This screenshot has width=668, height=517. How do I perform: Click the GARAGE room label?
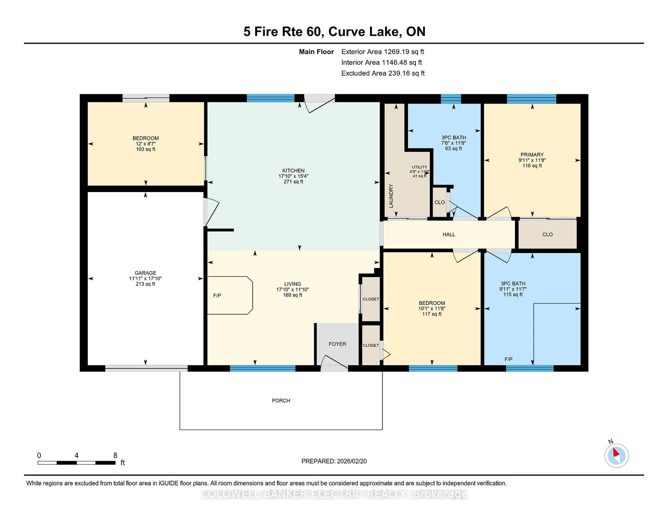pos(145,273)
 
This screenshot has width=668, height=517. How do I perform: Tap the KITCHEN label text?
pos(293,171)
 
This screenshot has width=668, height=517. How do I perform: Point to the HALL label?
pos(449,234)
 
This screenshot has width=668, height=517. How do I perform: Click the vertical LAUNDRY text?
pos(391,196)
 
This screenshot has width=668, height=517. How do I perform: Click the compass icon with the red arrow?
pos(616,456)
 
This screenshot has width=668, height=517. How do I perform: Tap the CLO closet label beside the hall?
pos(547,234)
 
